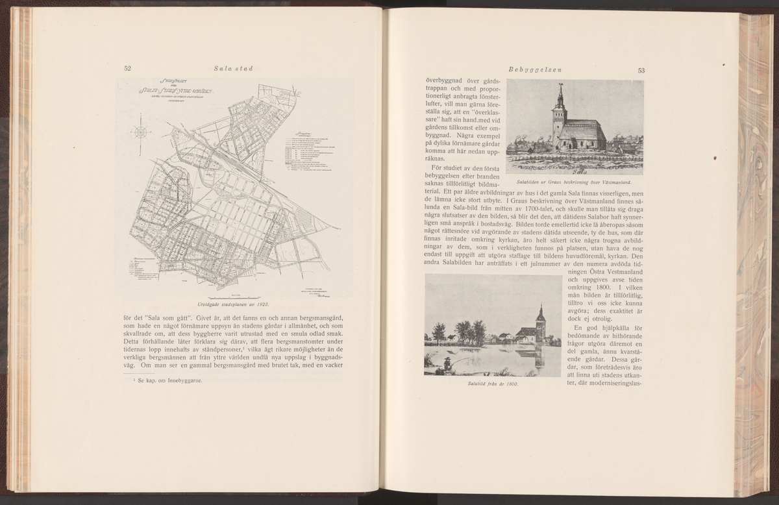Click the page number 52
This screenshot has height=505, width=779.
pyautogui.click(x=128, y=68)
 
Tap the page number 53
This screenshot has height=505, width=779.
pyautogui.click(x=641, y=70)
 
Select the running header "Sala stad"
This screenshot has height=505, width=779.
pyautogui.click(x=233, y=68)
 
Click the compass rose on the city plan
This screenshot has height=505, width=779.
pyautogui.click(x=140, y=132)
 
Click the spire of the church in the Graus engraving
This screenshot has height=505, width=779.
pyautogui.click(x=559, y=94)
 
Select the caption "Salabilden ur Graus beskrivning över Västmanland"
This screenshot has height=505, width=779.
pyautogui.click(x=575, y=182)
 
